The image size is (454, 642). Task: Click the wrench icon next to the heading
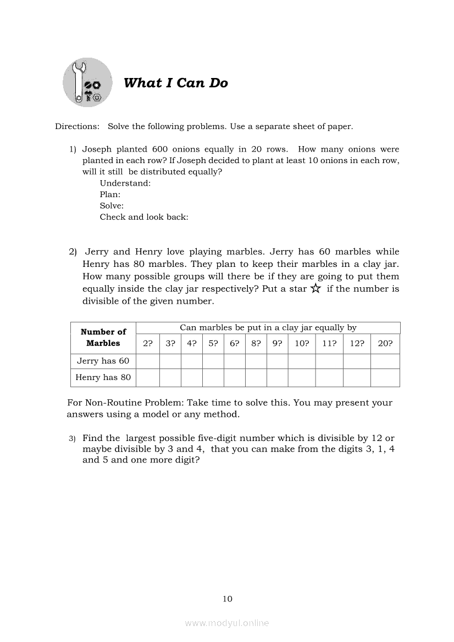point(87,83)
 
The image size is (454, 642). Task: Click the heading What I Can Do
point(175,83)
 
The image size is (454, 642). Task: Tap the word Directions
point(77,126)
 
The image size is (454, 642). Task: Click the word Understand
point(125,183)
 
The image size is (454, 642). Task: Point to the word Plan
point(110,194)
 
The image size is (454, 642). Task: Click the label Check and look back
point(144,217)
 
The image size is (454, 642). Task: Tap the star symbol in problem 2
point(315,289)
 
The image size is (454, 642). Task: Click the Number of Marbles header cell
point(103,337)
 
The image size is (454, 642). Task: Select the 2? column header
point(148,344)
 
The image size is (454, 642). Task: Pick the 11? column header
point(329,344)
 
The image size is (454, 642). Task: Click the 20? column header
point(385,344)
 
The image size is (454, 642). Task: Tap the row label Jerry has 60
point(103,361)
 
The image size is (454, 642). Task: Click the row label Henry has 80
point(103,377)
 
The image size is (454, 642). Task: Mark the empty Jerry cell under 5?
point(213,361)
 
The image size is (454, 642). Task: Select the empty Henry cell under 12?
point(357,377)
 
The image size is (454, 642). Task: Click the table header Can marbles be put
point(268,328)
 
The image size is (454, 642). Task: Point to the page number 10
point(228,599)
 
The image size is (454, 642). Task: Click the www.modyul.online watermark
point(227,623)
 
